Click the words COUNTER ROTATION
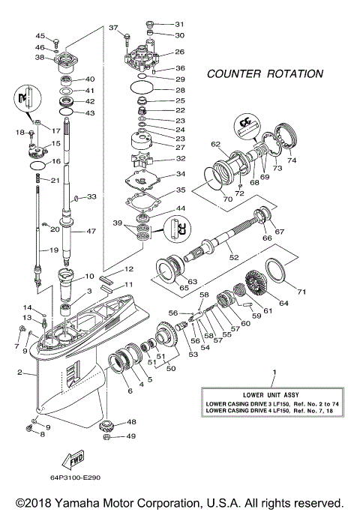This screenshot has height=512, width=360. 265,74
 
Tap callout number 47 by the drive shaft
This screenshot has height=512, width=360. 90,232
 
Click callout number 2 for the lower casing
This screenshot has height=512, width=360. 19,373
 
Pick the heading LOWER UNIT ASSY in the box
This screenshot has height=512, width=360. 274,394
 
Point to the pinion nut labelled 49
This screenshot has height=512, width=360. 107,436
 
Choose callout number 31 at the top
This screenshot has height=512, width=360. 178,24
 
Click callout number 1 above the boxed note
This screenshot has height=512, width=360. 274,373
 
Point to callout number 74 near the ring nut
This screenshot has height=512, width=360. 292,160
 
